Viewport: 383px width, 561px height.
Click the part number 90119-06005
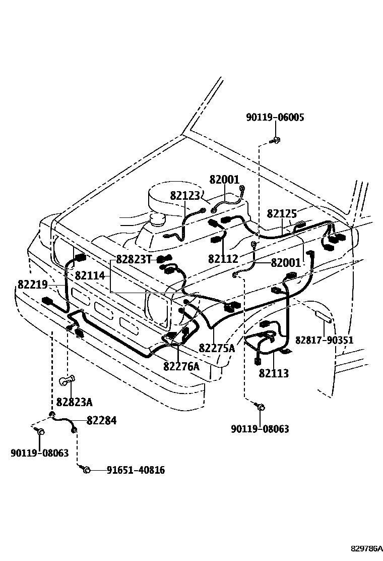point(275,118)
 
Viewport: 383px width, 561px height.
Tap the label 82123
point(185,196)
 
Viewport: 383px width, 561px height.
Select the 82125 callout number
point(282,213)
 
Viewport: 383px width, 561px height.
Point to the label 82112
point(223,259)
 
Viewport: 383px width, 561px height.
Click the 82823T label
point(134,259)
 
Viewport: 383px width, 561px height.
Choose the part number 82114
point(90,276)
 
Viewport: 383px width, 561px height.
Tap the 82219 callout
point(33,285)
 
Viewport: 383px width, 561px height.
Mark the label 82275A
point(217,348)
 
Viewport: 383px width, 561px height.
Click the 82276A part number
point(181,366)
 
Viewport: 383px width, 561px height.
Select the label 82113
point(274,373)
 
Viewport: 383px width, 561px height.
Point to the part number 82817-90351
point(324,340)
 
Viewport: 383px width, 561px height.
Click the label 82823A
point(74,402)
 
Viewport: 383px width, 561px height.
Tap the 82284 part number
point(101,420)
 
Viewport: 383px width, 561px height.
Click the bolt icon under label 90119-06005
point(276,141)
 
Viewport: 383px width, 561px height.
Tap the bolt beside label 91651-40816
point(85,470)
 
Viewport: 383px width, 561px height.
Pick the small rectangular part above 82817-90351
point(323,317)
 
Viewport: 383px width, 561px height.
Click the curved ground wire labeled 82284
point(63,420)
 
